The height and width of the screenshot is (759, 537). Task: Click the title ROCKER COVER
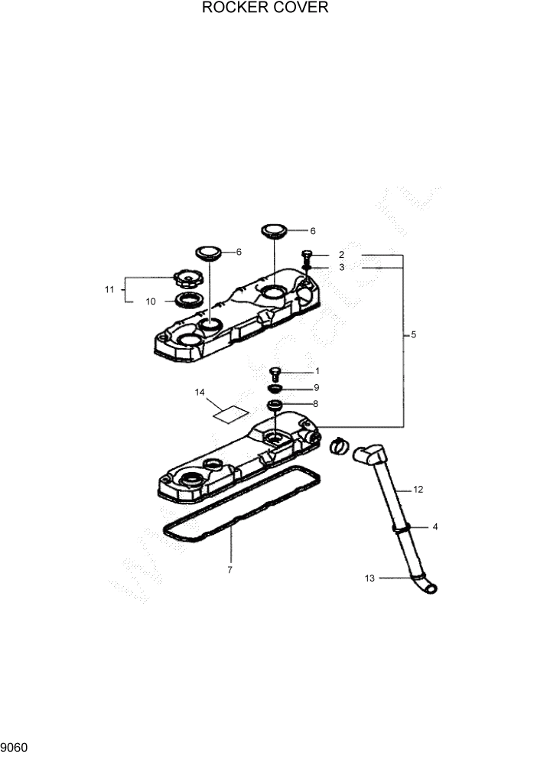pos(265,8)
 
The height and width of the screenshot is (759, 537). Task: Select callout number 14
pos(200,393)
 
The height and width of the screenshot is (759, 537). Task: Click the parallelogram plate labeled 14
pos(231,413)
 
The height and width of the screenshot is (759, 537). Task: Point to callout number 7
pos(229,570)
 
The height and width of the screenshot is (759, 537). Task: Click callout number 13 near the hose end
pos(369,578)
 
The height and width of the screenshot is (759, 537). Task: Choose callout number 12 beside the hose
pos(418,488)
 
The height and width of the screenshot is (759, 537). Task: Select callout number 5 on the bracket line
pos(414,335)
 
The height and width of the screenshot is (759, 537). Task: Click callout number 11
pos(109,289)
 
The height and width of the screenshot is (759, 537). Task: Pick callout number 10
pos(151,301)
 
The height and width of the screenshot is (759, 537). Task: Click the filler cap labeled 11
pos(186,278)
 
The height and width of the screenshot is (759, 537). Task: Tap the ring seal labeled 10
pos(186,299)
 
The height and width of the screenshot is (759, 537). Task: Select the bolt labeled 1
pos(275,374)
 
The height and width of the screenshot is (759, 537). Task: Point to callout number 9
pos(316,387)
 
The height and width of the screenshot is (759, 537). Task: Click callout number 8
pos(316,403)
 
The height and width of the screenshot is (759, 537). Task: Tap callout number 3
pos(342,267)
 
